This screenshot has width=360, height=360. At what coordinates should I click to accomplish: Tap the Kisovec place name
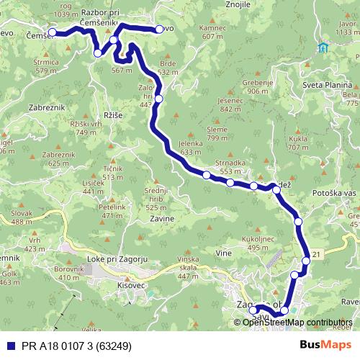pos(132,286)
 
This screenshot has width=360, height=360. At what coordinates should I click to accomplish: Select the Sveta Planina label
pos(326,84)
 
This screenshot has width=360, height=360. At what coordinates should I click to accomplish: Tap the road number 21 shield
pos(318,254)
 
